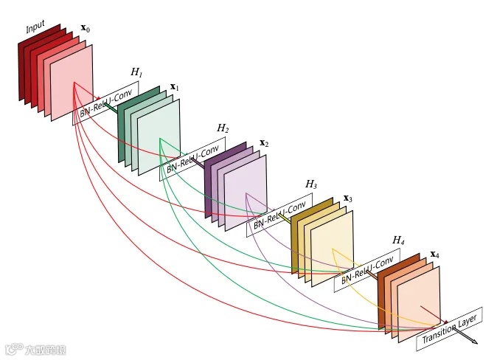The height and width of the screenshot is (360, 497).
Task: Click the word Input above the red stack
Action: click(x=35, y=28)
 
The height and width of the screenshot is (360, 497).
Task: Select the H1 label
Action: click(x=136, y=72)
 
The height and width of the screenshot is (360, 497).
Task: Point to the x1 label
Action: click(x=175, y=87)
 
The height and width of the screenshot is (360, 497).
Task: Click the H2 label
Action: click(x=223, y=128)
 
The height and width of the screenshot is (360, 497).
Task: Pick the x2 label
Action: click(x=263, y=143)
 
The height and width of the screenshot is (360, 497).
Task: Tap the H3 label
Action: click(x=311, y=184)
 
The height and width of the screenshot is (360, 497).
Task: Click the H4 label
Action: click(x=398, y=240)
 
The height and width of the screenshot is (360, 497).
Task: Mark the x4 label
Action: click(x=435, y=255)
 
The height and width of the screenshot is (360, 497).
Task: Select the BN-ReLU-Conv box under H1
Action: click(x=105, y=103)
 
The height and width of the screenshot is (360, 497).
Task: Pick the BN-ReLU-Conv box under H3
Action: click(x=279, y=215)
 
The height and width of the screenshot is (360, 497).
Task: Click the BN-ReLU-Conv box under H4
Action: click(x=366, y=271)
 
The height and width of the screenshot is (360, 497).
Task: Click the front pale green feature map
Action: click(x=159, y=136)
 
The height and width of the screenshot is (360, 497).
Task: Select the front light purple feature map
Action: click(x=246, y=193)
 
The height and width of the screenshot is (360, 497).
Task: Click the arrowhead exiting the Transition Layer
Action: click(x=473, y=342)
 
